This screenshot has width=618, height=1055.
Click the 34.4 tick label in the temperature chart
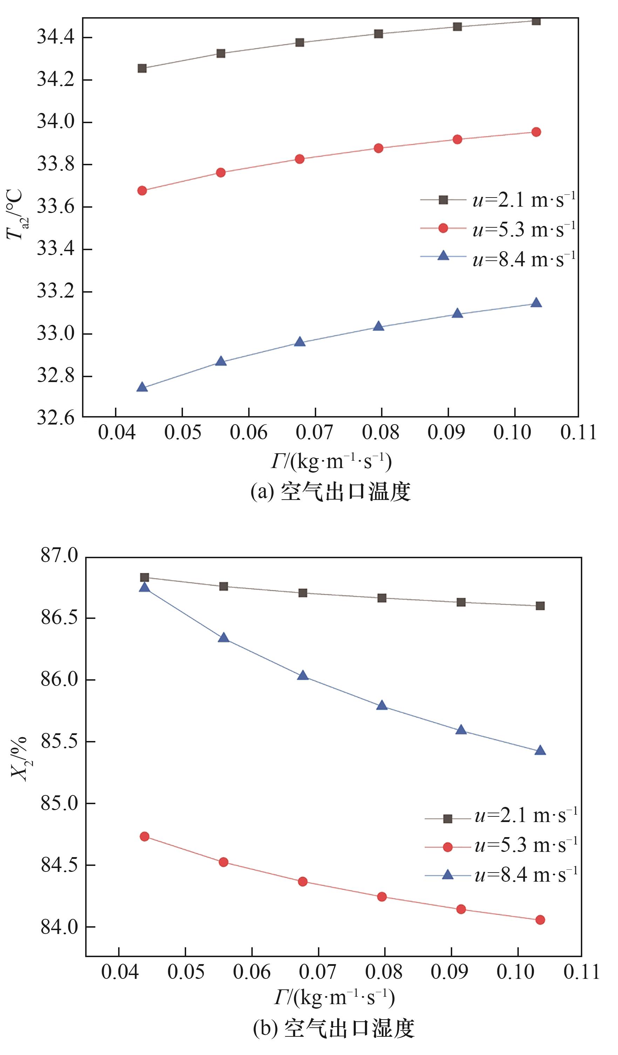[56, 38]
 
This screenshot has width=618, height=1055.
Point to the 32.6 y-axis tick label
[56, 418]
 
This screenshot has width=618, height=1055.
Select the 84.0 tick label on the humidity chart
[59, 927]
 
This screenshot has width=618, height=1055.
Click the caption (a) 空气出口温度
[331, 492]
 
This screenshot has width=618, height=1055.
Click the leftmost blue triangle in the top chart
[142, 387]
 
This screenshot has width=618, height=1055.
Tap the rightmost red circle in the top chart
[536, 132]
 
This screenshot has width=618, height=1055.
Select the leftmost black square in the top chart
[142, 68]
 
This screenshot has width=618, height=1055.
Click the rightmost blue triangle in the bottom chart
[540, 750]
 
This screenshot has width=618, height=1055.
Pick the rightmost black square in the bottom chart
[540, 606]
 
